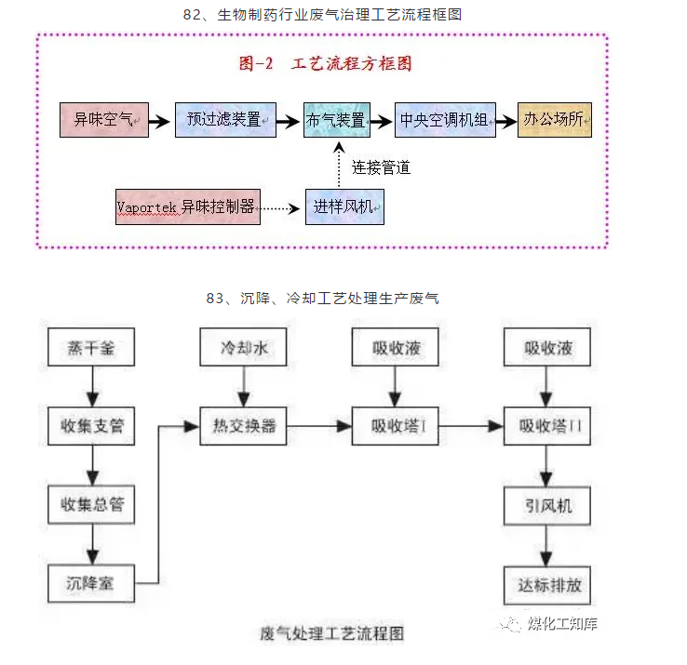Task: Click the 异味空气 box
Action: pos(103,121)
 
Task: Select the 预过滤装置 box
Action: pos(225,121)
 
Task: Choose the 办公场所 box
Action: pos(554,121)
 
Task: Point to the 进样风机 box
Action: pos(344,206)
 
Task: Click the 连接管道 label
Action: pos(381,167)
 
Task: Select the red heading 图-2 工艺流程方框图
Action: pos(326,64)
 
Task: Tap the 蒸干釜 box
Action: pos(91,349)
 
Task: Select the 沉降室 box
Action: pos(91,586)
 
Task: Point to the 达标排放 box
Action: pos(547,586)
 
